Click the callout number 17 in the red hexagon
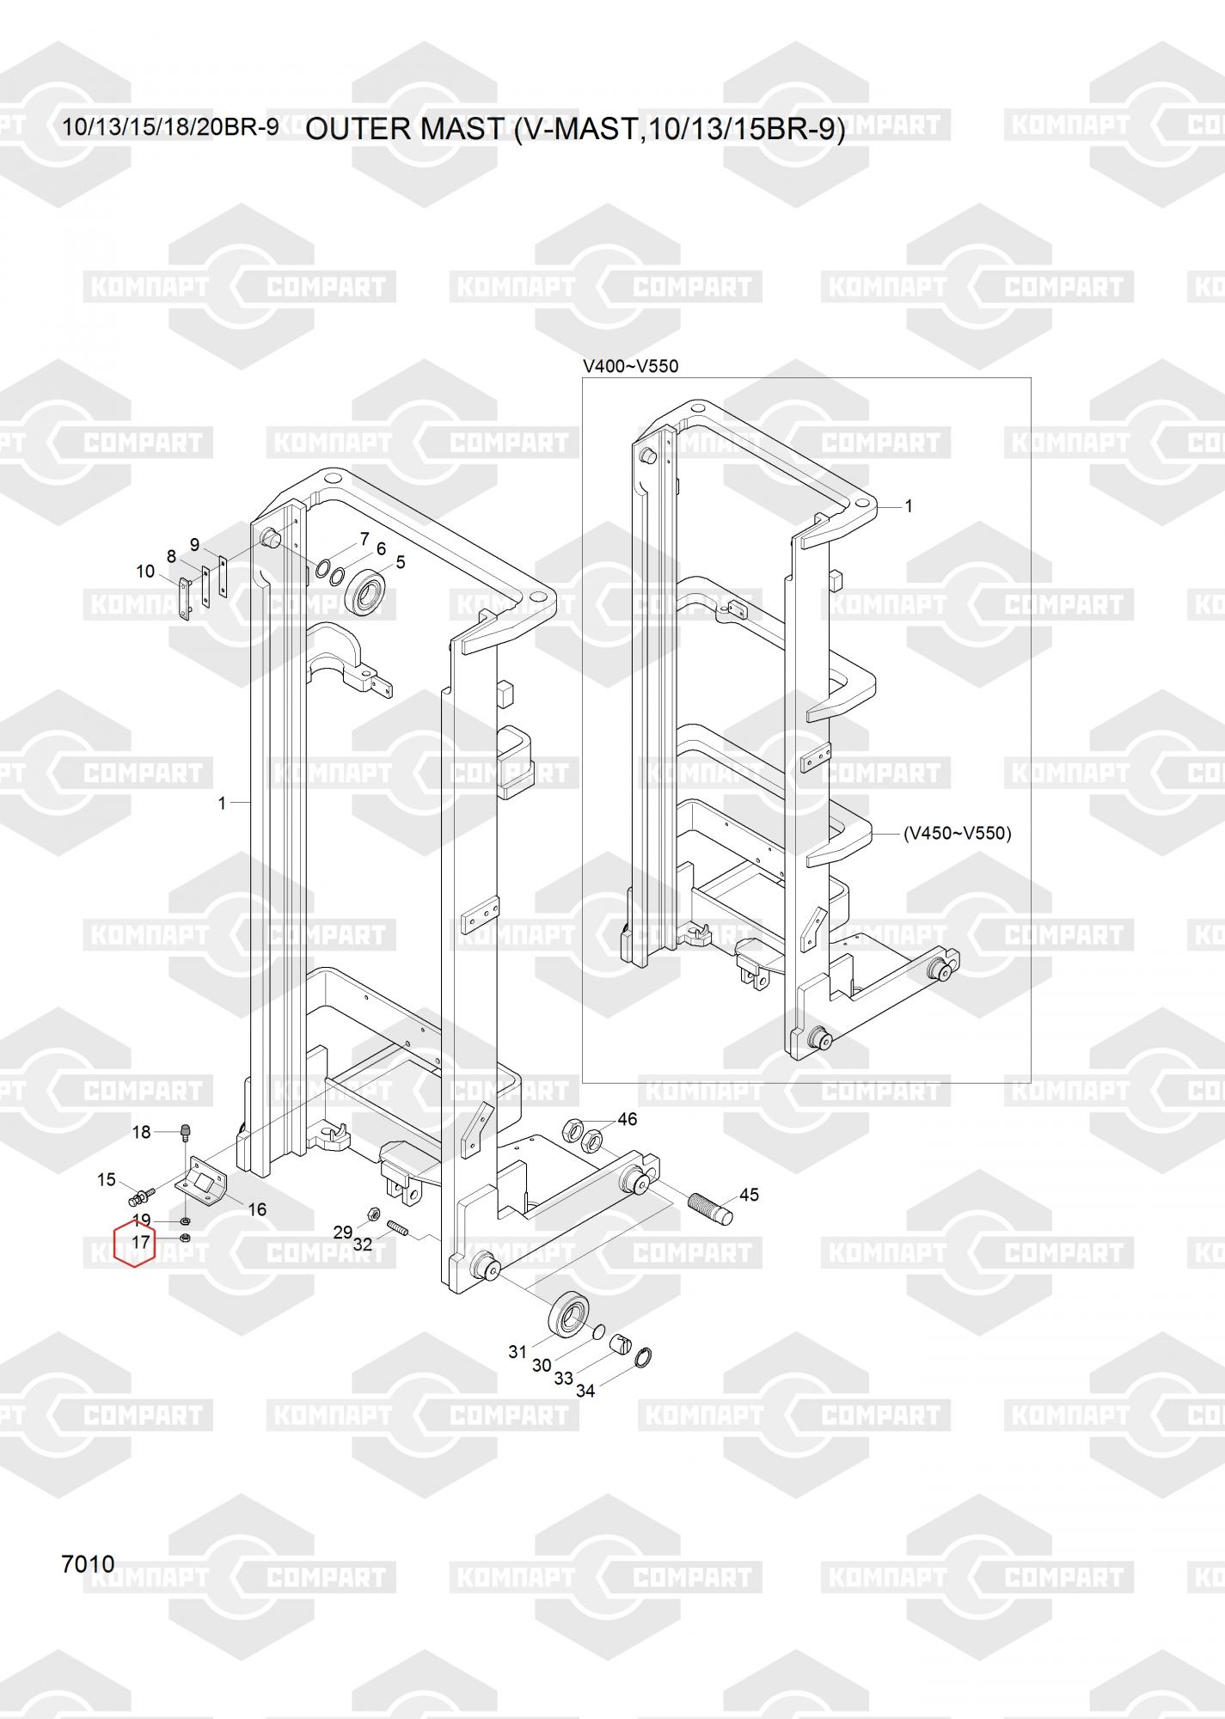click(x=141, y=1242)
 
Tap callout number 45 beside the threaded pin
click(x=749, y=1195)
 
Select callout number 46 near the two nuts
click(x=628, y=1119)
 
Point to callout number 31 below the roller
click(x=517, y=1352)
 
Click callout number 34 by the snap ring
click(x=585, y=1391)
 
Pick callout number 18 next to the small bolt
click(x=141, y=1132)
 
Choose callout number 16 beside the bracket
click(x=257, y=1209)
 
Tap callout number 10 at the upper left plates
click(x=145, y=572)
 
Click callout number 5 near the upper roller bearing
click(x=400, y=563)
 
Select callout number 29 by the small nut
click(x=343, y=1233)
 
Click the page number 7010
click(x=88, y=1564)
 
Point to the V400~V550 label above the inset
click(x=631, y=366)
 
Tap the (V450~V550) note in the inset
click(x=957, y=833)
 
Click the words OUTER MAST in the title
click(x=404, y=129)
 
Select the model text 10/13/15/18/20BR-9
click(x=170, y=127)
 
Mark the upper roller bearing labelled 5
click(x=369, y=590)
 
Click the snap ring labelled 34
click(x=644, y=1357)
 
